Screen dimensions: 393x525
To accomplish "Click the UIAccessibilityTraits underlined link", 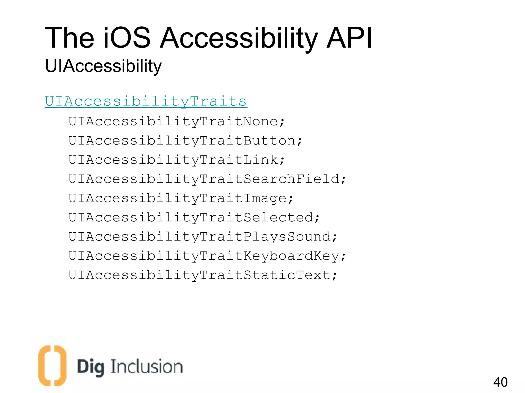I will pyautogui.click(x=146, y=101).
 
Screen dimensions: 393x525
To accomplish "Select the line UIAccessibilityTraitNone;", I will pyautogui.click(x=176, y=121).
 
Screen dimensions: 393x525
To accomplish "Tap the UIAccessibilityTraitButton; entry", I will pyautogui.click(x=185, y=141).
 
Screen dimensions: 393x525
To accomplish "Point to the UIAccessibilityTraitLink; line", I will pyautogui.click(x=176, y=160).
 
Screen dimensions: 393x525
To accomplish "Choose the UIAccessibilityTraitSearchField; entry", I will pyautogui.click(x=207, y=179).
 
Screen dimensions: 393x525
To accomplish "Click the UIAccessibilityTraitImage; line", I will pyautogui.click(x=181, y=198).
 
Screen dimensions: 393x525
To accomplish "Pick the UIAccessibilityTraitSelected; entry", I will pyautogui.click(x=194, y=217).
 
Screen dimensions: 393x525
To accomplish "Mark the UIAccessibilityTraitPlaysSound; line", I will pyautogui.click(x=203, y=237).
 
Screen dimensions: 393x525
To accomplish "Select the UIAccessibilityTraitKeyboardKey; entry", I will pyautogui.click(x=207, y=256).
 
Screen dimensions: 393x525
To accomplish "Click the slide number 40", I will pyautogui.click(x=500, y=382).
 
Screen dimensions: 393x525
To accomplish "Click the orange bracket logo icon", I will pyautogui.click(x=52, y=366).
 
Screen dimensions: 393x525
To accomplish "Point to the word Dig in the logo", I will pyautogui.click(x=90, y=367).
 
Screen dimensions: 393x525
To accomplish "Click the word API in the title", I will pyautogui.click(x=349, y=38).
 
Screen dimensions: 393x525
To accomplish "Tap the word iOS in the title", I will pyautogui.click(x=127, y=38).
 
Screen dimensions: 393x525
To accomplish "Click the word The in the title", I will pyautogui.click(x=69, y=38).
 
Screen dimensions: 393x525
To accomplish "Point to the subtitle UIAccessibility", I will pyautogui.click(x=103, y=66).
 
